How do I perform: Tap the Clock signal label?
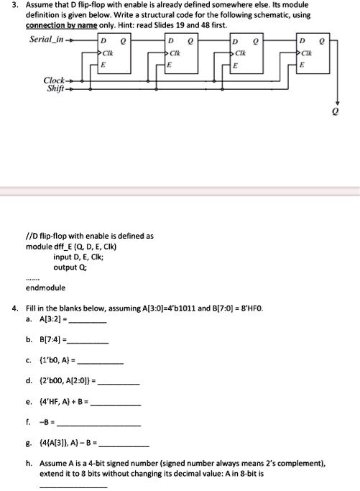point(55,80)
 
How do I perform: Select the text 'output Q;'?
point(70,267)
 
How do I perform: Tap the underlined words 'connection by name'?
point(55,25)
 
